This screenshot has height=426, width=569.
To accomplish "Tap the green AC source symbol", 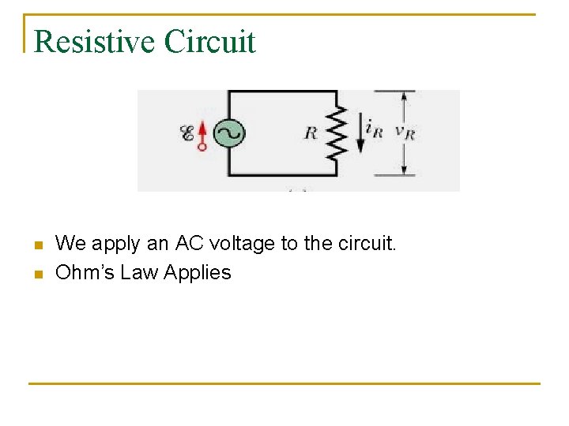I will [229, 133].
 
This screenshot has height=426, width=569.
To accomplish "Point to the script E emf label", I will [187, 134].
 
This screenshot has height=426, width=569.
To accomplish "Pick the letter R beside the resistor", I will [311, 133].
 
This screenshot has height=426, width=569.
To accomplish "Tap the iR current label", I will [374, 129].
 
